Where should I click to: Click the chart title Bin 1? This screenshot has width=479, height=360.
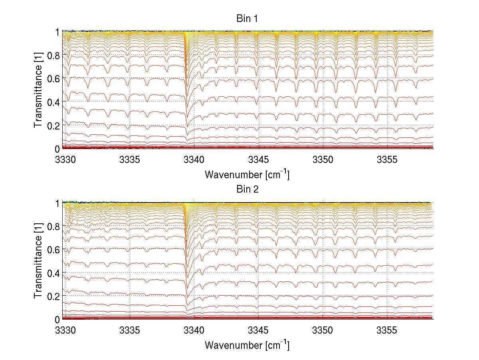click(x=247, y=19)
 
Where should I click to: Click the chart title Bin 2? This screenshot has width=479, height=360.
click(x=247, y=189)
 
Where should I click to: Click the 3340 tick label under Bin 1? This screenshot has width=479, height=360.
click(x=194, y=160)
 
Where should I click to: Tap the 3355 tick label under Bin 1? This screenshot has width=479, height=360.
click(x=387, y=160)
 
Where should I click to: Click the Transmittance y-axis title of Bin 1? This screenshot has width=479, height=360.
click(x=38, y=90)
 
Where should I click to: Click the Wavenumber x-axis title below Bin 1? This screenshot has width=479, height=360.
click(x=247, y=174)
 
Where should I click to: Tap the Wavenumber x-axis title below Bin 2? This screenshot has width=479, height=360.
click(x=247, y=345)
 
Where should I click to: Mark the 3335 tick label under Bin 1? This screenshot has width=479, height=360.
click(x=130, y=160)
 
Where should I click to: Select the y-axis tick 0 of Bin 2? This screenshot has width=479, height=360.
click(x=57, y=320)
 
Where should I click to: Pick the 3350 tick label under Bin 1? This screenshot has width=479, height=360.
click(x=323, y=160)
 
